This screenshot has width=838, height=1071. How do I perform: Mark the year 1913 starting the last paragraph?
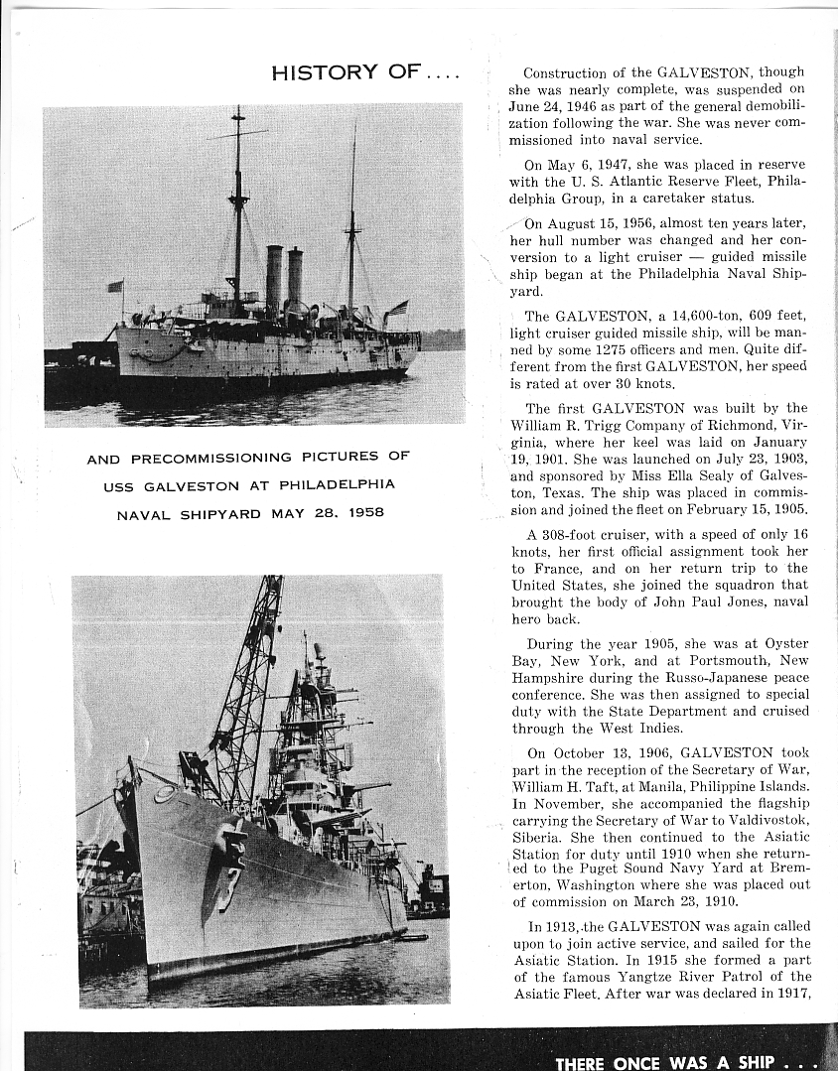547,926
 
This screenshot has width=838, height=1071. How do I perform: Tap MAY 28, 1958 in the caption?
327,514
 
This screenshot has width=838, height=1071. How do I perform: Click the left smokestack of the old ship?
274,280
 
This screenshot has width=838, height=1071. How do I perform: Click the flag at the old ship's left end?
115,286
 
